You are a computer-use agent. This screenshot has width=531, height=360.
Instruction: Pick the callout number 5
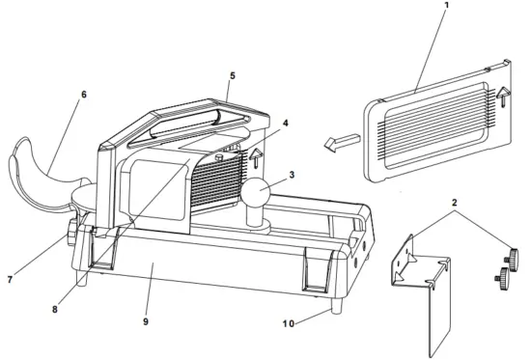[232, 73]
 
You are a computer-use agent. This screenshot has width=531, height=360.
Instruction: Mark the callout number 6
[84, 95]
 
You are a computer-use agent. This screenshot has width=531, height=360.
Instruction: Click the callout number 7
[9, 280]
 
